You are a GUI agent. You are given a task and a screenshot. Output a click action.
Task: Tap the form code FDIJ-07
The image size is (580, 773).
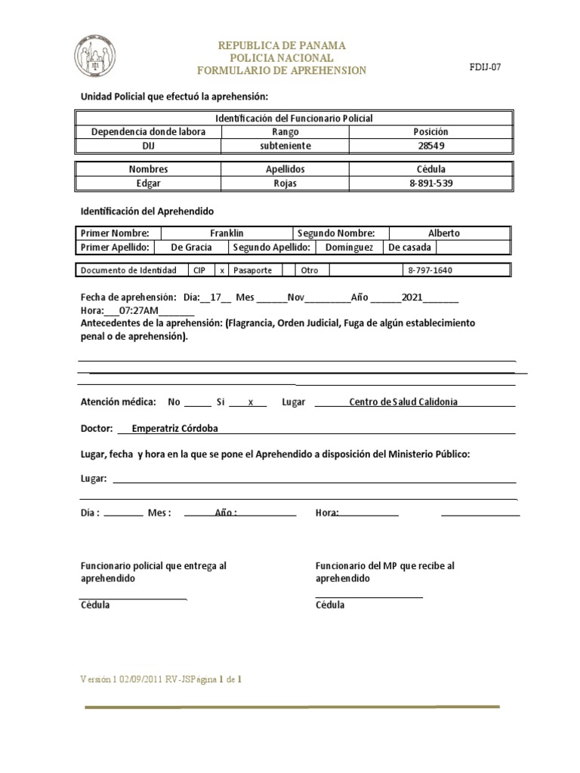click(x=485, y=67)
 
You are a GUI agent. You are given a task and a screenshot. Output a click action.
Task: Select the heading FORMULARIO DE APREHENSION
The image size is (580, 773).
click(x=281, y=70)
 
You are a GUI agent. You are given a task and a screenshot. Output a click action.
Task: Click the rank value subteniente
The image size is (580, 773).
click(x=285, y=145)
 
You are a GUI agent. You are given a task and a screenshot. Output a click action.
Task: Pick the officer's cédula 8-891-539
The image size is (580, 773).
click(x=432, y=183)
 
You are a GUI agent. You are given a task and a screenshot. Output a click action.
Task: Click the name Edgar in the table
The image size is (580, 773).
click(x=149, y=183)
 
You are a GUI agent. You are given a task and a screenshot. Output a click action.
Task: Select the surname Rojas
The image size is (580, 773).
click(x=285, y=183)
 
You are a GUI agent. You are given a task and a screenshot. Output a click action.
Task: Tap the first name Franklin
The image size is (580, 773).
click(x=227, y=233)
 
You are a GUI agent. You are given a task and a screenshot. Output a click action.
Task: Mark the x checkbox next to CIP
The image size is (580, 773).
click(x=222, y=270)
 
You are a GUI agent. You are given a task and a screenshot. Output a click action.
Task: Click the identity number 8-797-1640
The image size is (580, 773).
click(x=430, y=270)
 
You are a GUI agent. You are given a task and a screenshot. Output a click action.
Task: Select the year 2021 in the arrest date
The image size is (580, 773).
click(x=412, y=297)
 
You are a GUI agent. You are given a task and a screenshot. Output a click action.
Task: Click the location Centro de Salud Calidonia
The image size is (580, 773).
click(x=403, y=402)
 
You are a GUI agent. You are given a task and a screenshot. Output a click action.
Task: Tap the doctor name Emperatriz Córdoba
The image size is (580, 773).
click(x=174, y=428)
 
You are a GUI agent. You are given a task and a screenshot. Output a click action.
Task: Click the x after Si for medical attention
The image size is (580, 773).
click(x=251, y=402)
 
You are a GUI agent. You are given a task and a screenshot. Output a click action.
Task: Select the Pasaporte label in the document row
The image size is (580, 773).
click(x=253, y=270)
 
